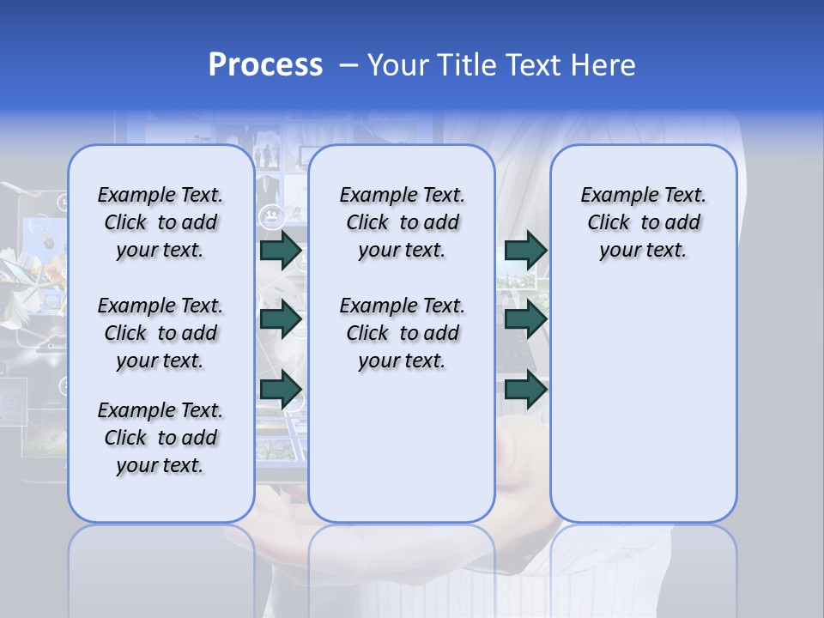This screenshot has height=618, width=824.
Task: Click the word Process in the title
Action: click(265, 65)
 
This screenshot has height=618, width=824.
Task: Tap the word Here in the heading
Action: click(603, 65)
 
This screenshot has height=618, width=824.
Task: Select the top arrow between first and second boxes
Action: click(281, 250)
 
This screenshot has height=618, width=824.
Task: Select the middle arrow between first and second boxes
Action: click(281, 319)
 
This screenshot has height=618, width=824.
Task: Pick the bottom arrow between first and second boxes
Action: click(281, 390)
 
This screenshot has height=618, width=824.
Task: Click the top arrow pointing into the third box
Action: click(525, 250)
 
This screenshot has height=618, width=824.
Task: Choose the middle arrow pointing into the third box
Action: click(525, 319)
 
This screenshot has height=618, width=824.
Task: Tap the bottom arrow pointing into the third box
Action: click(525, 390)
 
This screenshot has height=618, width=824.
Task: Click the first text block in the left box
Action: click(161, 222)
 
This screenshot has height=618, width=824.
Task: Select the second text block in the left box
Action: click(161, 333)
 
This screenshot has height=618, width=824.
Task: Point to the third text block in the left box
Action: click(161, 438)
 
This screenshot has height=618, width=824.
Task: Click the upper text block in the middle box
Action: click(402, 222)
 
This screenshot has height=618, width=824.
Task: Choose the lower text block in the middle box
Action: click(402, 333)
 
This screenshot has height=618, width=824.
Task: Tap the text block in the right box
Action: click(644, 222)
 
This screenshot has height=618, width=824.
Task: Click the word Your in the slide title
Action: click(400, 65)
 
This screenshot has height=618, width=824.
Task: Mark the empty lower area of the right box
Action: click(644, 395)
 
